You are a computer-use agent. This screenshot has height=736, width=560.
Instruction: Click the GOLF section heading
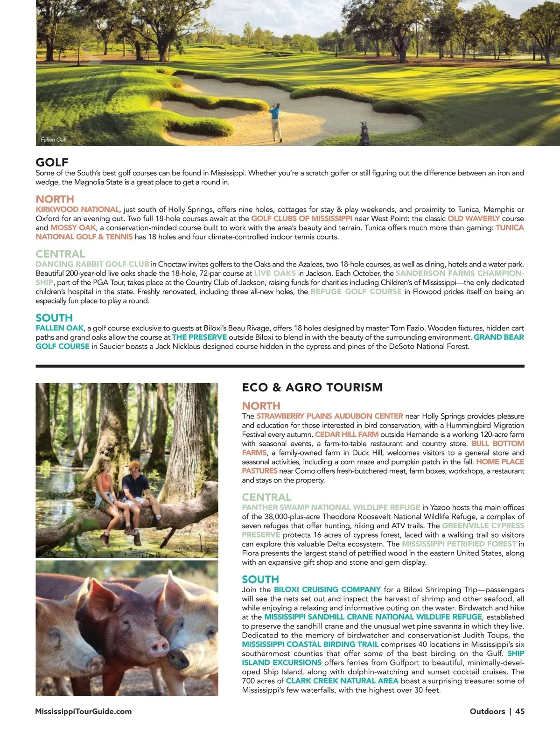click(52, 162)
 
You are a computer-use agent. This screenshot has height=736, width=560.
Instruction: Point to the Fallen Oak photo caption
click(54, 140)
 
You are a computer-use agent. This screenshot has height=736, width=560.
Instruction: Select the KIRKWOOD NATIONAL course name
click(77, 210)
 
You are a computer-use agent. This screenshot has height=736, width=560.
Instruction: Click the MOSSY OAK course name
click(73, 228)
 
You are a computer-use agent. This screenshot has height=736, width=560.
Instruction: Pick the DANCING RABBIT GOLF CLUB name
click(92, 264)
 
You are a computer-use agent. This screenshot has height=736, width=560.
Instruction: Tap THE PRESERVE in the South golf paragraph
click(199, 337)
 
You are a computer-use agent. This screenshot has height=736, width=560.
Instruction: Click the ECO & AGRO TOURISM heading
click(312, 387)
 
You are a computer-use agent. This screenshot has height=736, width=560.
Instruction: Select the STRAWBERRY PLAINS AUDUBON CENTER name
click(329, 416)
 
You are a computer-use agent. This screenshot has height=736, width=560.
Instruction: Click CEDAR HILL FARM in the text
click(347, 434)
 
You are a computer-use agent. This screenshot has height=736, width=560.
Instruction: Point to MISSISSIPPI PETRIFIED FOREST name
click(459, 544)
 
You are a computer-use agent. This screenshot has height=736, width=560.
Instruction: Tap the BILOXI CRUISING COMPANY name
click(327, 589)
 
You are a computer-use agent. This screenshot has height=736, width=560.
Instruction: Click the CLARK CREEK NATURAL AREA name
click(342, 681)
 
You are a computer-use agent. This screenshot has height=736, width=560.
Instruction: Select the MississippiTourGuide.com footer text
click(84, 711)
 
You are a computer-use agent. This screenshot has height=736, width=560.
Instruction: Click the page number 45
click(520, 711)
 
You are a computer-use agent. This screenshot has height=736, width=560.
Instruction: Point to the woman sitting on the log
click(105, 490)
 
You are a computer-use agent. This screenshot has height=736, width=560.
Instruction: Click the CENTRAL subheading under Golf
click(60, 254)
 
